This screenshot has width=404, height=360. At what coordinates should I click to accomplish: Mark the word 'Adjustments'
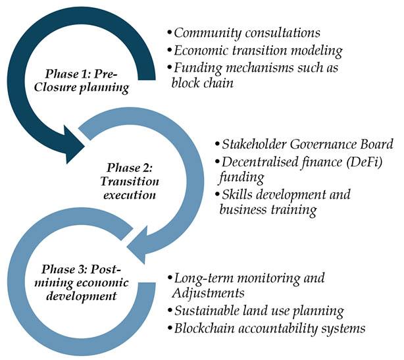coord(205,293)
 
